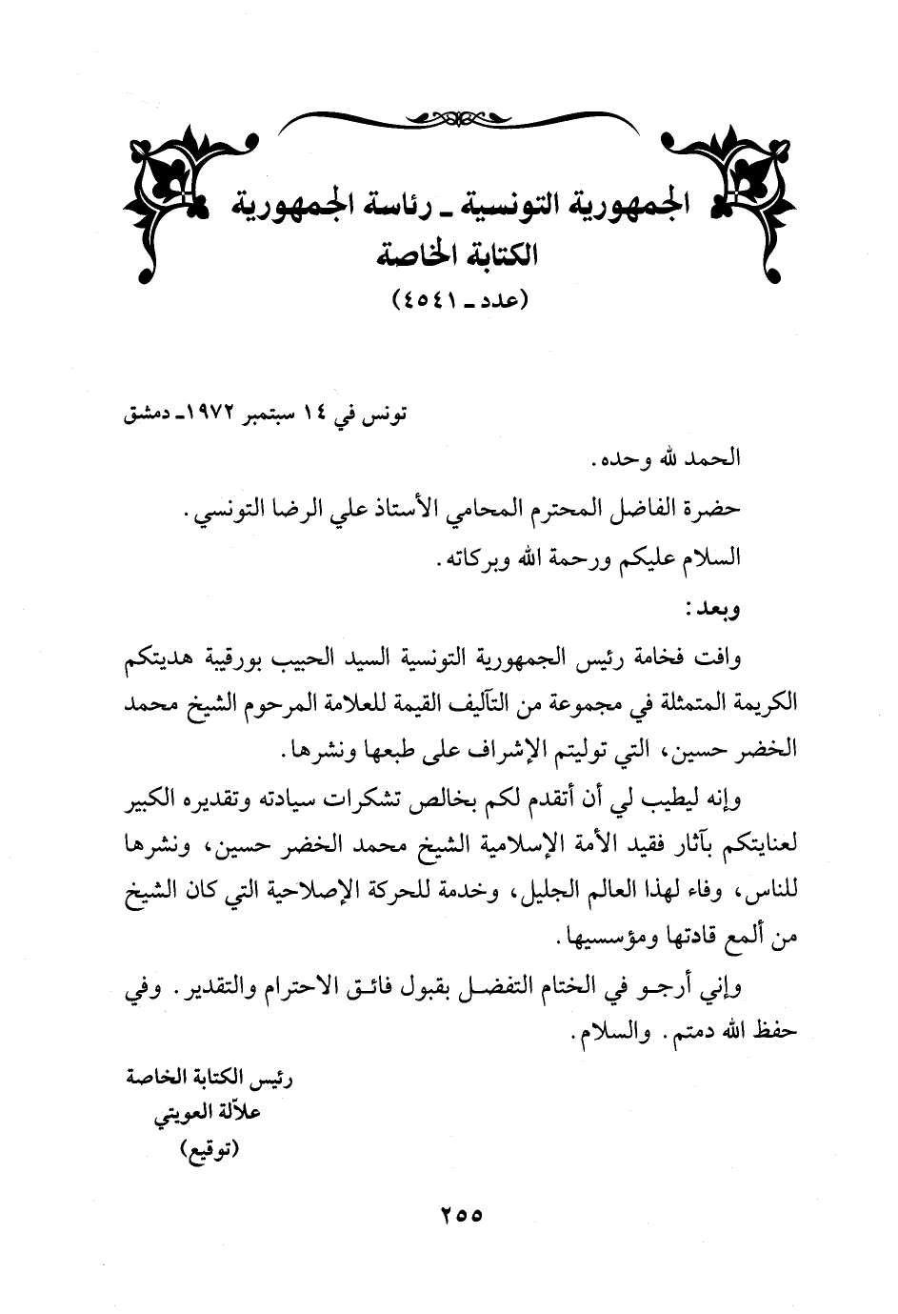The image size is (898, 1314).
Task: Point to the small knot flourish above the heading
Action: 447,119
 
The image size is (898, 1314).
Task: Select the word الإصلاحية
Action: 354,894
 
